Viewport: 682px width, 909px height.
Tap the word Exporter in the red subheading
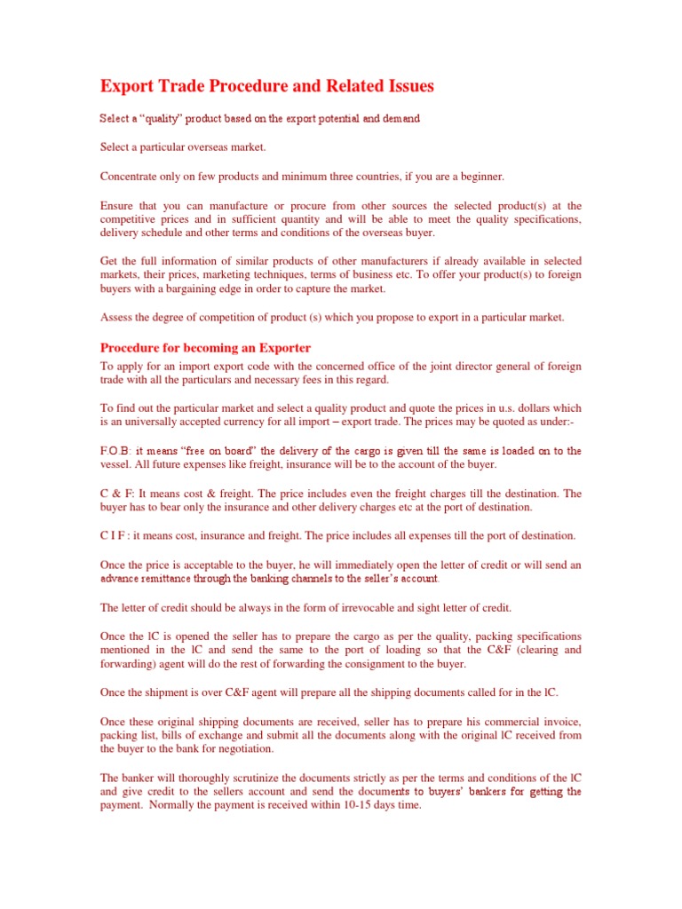tap(282, 347)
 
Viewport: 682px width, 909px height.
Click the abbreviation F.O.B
tap(114, 451)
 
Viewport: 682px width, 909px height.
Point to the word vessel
tap(115, 464)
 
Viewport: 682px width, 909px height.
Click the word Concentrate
tap(131, 176)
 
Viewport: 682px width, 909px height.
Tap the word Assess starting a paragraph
tap(116, 317)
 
